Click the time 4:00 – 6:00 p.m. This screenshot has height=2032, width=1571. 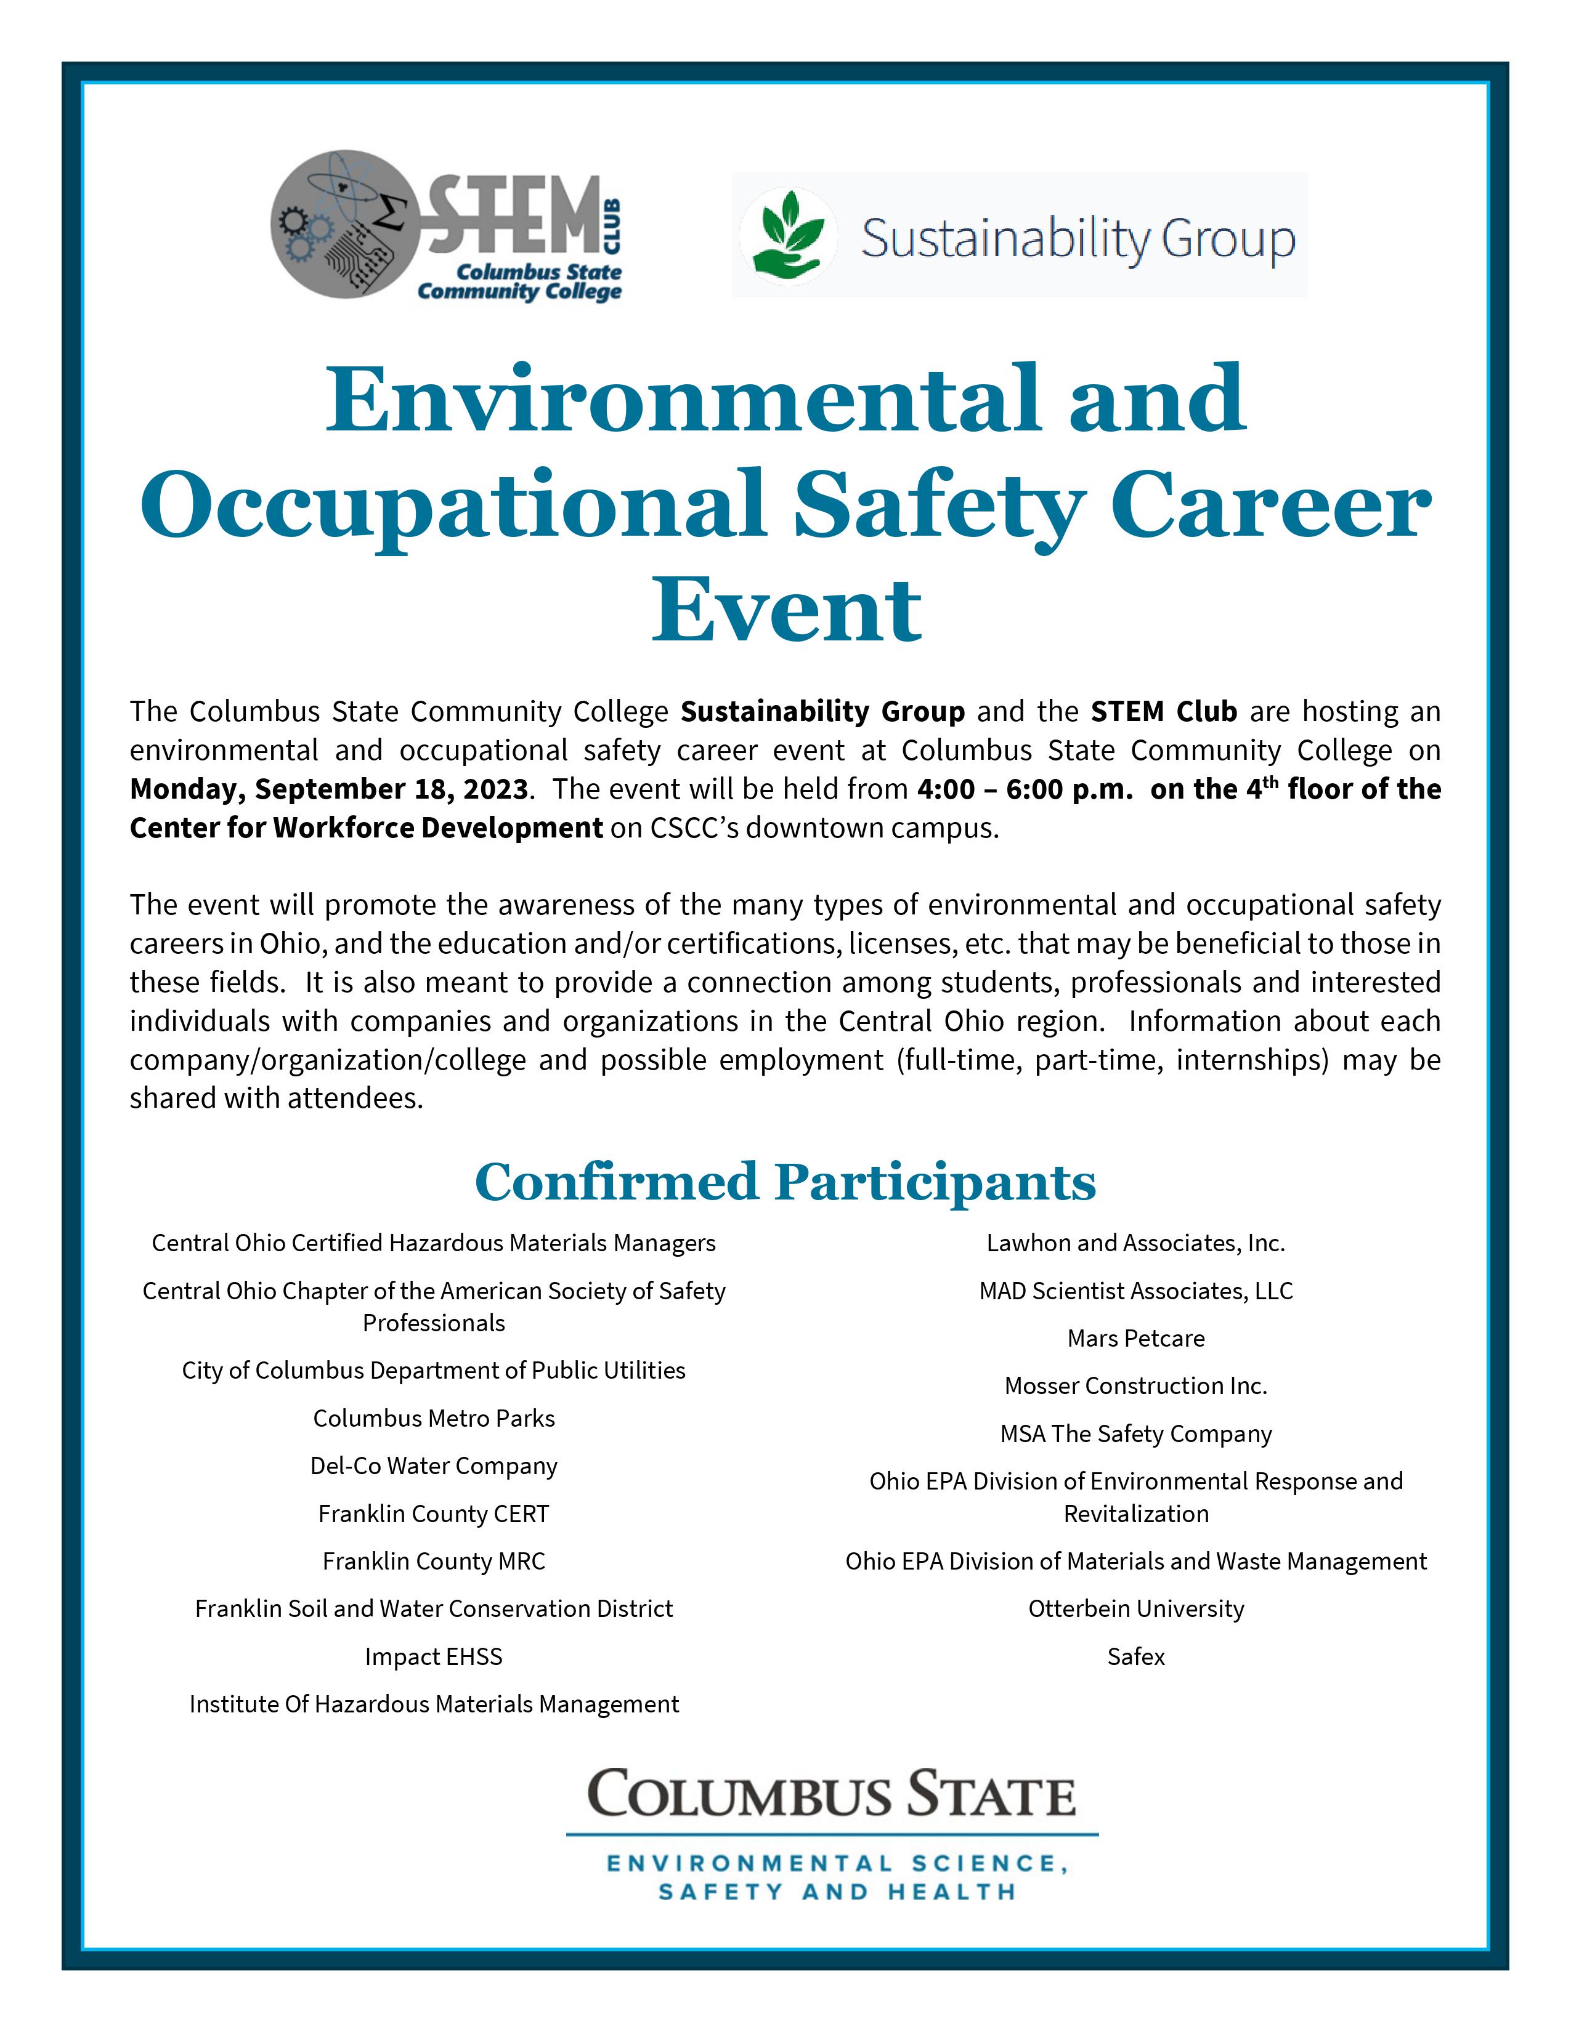pyautogui.click(x=1024, y=789)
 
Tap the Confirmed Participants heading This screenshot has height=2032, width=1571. pyautogui.click(x=785, y=1182)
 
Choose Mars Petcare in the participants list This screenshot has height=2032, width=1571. pyautogui.click(x=1135, y=1338)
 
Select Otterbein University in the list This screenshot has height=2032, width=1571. pyautogui.click(x=1135, y=1608)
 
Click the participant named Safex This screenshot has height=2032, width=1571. pyautogui.click(x=1135, y=1656)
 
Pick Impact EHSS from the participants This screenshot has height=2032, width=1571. pyautogui.click(x=434, y=1656)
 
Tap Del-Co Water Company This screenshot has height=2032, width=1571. pyautogui.click(x=434, y=1466)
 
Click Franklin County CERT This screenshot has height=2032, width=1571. pyautogui.click(x=434, y=1514)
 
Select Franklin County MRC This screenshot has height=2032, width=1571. pyautogui.click(x=434, y=1561)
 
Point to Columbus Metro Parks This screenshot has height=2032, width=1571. pyautogui.click(x=434, y=1418)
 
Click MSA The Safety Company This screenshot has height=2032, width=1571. pyautogui.click(x=1135, y=1433)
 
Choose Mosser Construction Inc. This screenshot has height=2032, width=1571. pyautogui.click(x=1135, y=1385)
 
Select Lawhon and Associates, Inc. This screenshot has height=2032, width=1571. pyautogui.click(x=1135, y=1243)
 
